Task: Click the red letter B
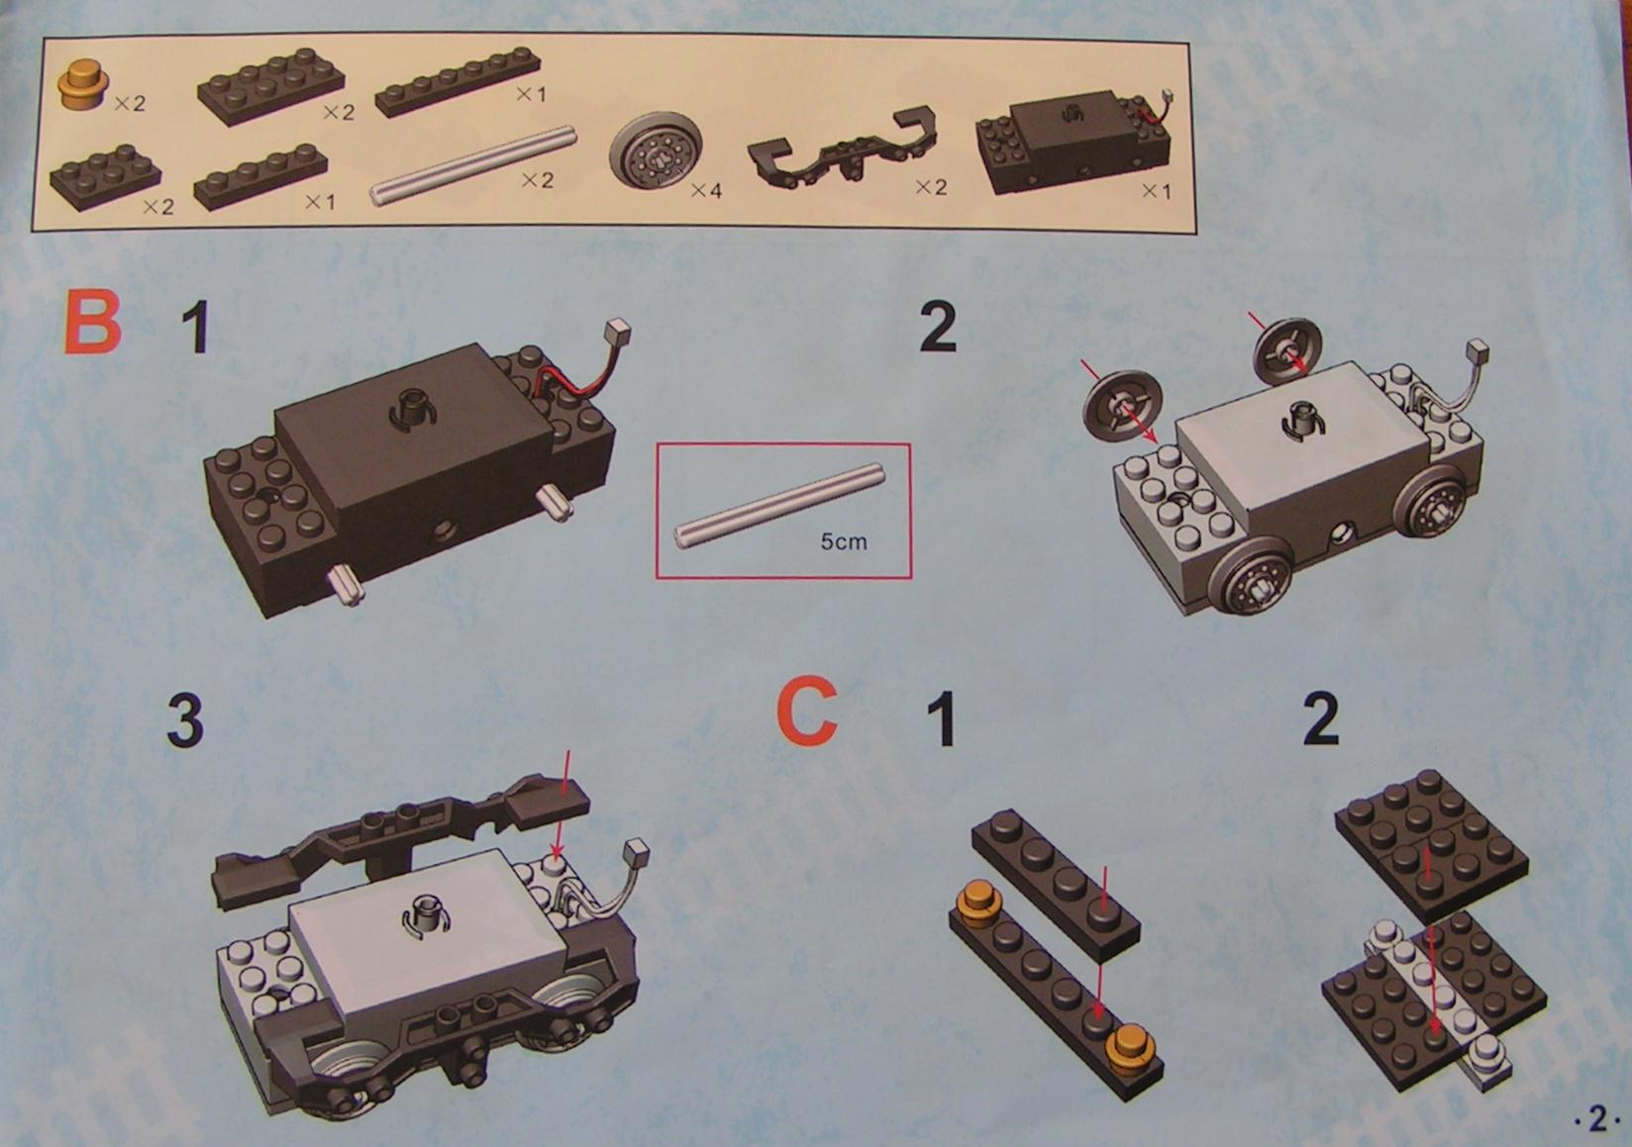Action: point(92,322)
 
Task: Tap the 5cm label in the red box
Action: point(844,541)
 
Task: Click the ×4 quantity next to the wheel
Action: point(705,191)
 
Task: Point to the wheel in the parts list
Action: point(655,152)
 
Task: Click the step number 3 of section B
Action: point(184,718)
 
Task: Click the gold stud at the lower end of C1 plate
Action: point(1129,1048)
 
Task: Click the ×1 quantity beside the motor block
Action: point(1156,191)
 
